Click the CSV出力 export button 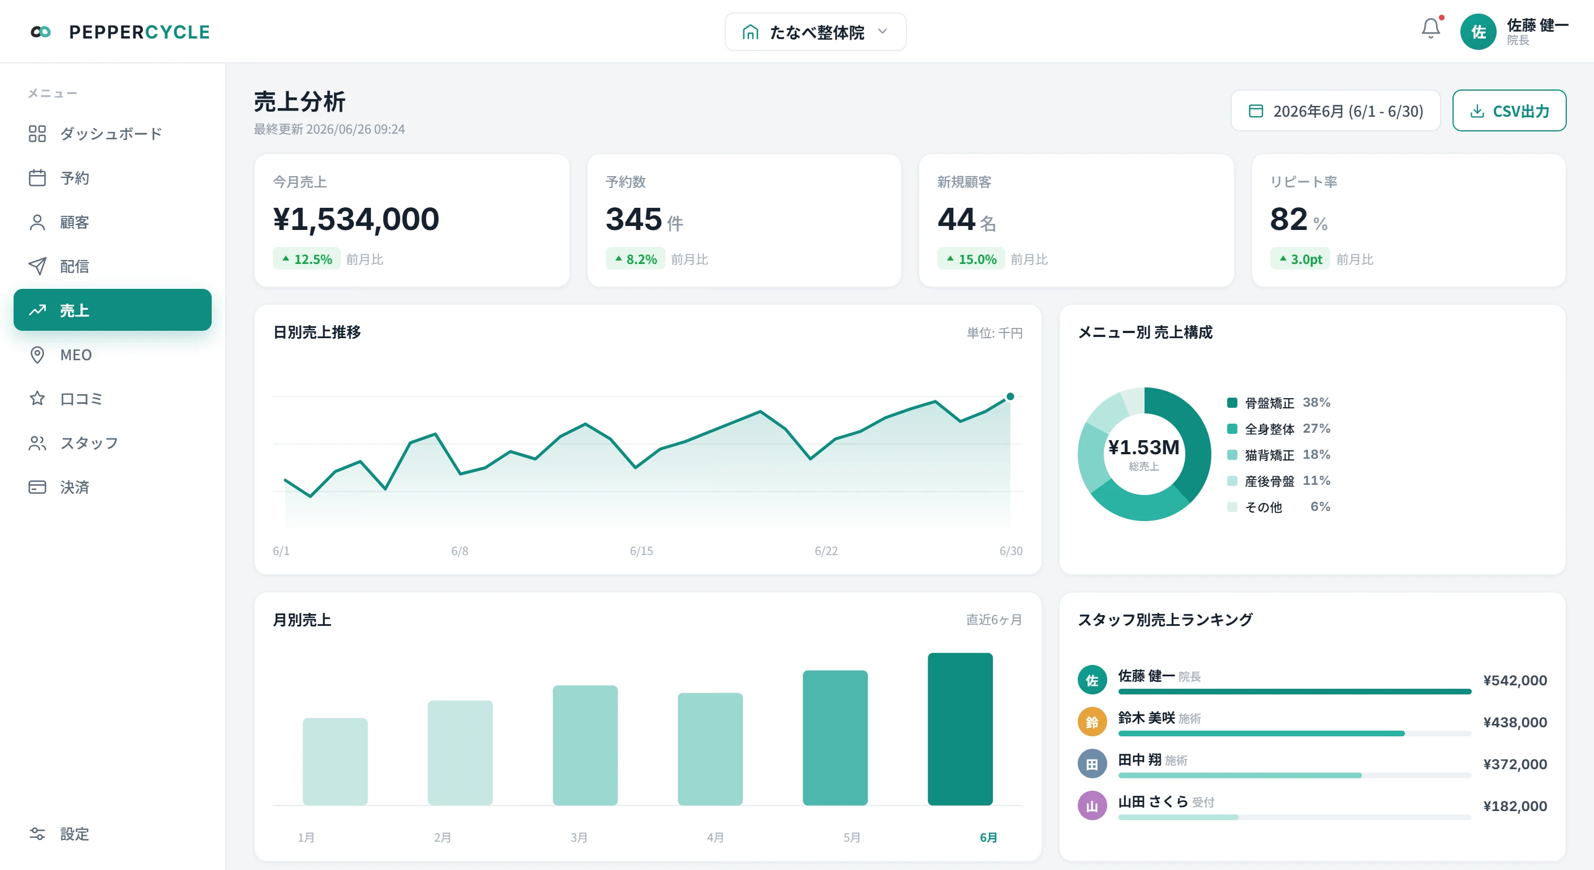(x=1509, y=111)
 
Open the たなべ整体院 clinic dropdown (x=815, y=32)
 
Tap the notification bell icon (x=1430, y=28)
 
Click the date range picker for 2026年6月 (x=1335, y=111)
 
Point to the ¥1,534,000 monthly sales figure (x=356, y=219)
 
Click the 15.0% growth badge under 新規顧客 (x=970, y=259)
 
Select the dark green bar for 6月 (x=960, y=729)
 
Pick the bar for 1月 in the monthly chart (x=335, y=762)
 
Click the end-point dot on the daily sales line (x=1010, y=396)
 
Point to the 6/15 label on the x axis (x=641, y=551)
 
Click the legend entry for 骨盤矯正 (x=1278, y=403)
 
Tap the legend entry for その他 (x=1278, y=506)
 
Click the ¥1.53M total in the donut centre (x=1143, y=447)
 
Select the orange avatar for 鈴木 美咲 (x=1092, y=722)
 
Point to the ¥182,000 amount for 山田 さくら (x=1515, y=805)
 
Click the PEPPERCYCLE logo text (x=139, y=32)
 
